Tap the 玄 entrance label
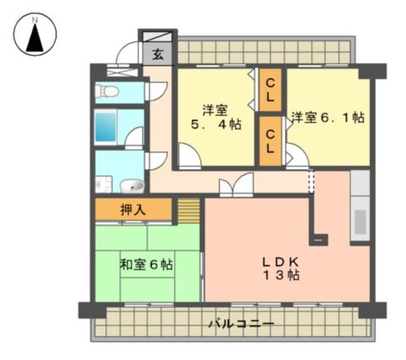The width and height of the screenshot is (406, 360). (x=158, y=55)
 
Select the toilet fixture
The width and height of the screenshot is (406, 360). (x=107, y=91)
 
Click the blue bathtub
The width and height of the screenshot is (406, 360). (x=105, y=127)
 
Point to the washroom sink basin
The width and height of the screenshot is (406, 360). (x=132, y=186)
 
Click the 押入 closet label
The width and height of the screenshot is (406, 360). (x=133, y=210)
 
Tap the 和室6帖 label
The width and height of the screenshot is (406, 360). (x=147, y=265)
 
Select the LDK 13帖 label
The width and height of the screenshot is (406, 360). (x=281, y=269)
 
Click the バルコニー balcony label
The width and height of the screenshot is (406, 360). (x=242, y=324)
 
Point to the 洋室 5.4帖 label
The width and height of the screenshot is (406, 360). (x=216, y=117)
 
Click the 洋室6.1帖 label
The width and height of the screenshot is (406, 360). (x=328, y=117)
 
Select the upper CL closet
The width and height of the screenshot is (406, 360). (x=270, y=90)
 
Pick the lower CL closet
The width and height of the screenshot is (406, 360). (x=270, y=141)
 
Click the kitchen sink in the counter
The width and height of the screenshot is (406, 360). (x=360, y=222)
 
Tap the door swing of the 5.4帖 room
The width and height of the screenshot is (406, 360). (x=190, y=156)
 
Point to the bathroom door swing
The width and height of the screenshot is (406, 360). (x=134, y=137)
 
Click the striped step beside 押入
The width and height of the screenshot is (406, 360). (x=189, y=211)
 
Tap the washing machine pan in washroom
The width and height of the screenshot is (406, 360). (x=103, y=184)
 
